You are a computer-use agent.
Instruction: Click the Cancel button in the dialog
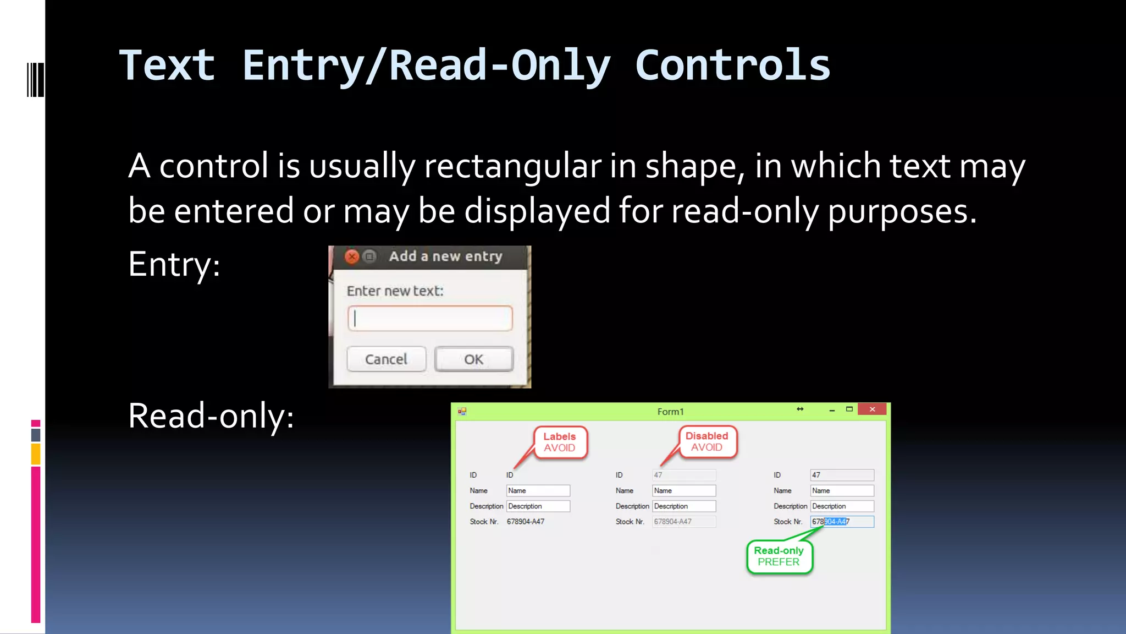coord(386,359)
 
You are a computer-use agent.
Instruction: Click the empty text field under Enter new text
coord(430,319)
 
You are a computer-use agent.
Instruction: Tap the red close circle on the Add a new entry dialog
coord(352,256)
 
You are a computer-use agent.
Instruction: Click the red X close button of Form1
coord(872,409)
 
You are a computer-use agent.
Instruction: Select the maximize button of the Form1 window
coord(849,409)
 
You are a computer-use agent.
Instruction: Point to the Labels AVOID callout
coord(560,442)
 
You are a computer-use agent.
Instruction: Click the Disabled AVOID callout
coord(706,441)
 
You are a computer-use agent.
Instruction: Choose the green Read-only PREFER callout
coord(779,556)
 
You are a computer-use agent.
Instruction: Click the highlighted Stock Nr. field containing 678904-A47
coord(842,521)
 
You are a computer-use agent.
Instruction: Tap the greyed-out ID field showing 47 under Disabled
coord(684,475)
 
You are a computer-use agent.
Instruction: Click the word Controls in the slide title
coord(732,65)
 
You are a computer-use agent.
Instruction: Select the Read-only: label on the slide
coord(211,416)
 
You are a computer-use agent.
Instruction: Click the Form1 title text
coord(670,412)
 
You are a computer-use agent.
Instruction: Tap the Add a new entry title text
coord(445,256)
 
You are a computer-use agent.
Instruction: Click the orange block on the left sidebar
coord(36,455)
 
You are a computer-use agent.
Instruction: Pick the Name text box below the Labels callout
coord(538,490)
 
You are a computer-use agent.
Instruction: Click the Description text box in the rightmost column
coord(842,506)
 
